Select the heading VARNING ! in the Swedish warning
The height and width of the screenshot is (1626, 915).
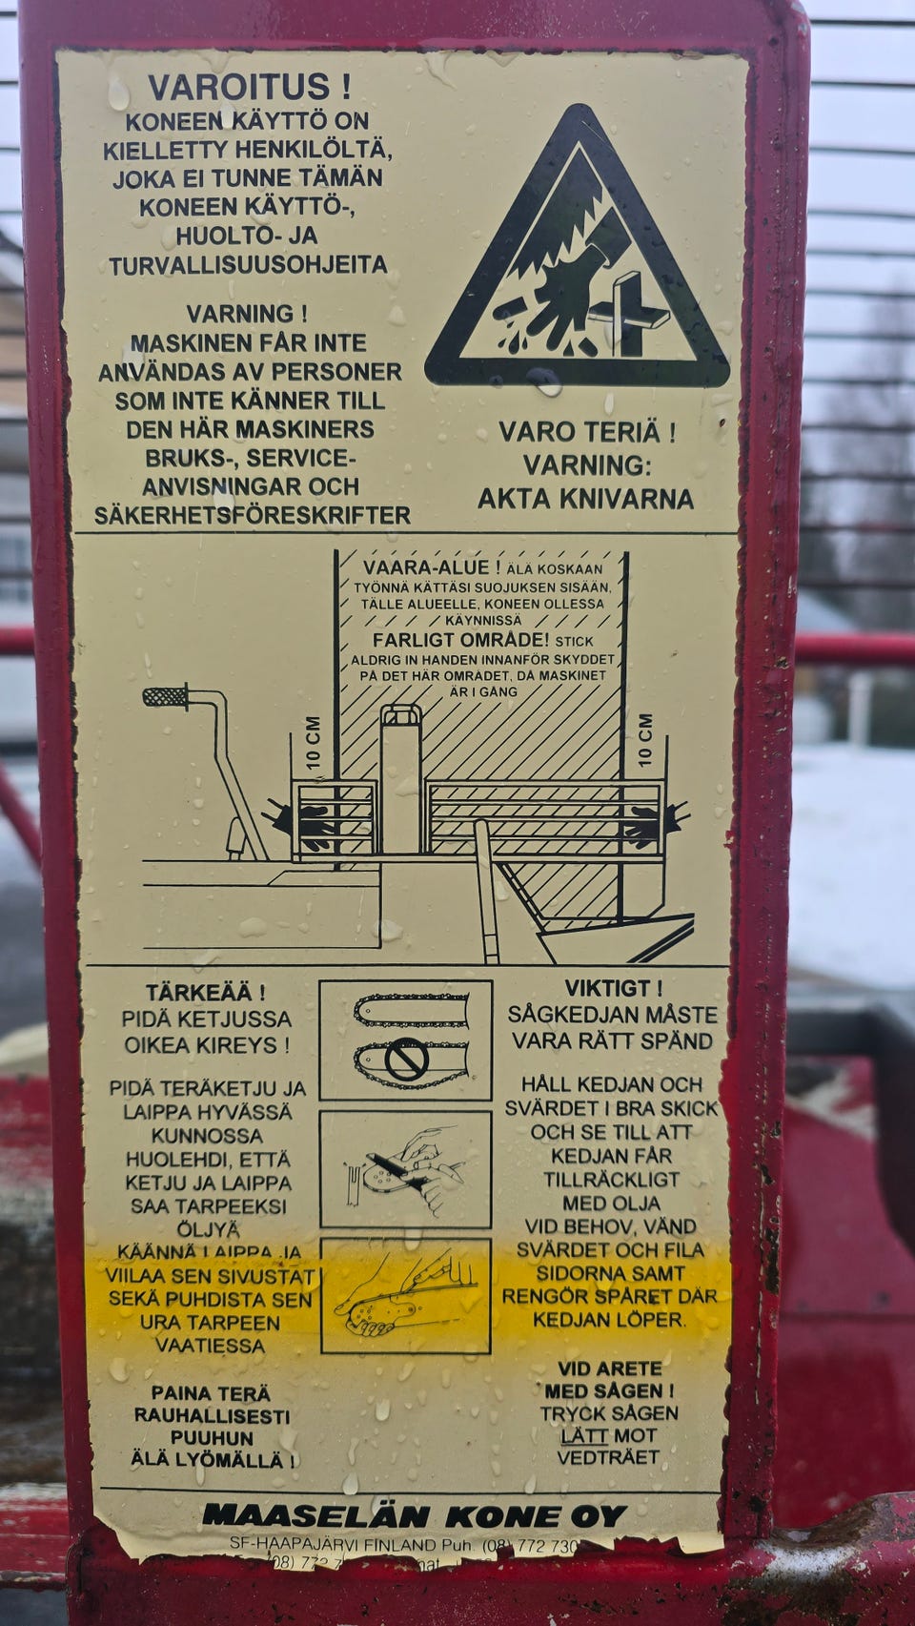[246, 314]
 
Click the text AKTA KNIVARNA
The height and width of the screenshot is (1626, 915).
[585, 499]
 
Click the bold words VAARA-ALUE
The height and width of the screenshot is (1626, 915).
[425, 568]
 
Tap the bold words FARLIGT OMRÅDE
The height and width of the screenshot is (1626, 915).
[460, 640]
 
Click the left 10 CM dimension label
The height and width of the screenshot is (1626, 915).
[314, 743]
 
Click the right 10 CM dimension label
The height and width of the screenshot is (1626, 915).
[645, 740]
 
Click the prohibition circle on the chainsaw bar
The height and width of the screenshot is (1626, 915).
[407, 1059]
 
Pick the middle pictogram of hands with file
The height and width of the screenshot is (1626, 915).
[406, 1169]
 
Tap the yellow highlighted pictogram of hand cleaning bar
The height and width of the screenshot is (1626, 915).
[406, 1295]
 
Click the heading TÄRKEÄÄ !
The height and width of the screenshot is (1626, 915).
[206, 994]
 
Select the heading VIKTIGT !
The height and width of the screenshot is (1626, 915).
[613, 988]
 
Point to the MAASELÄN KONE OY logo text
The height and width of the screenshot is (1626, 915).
[414, 1516]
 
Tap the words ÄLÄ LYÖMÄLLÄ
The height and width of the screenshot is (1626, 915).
[212, 1460]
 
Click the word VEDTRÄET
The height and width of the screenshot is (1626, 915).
[608, 1457]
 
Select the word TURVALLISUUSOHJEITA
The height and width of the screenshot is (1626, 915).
[248, 265]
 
